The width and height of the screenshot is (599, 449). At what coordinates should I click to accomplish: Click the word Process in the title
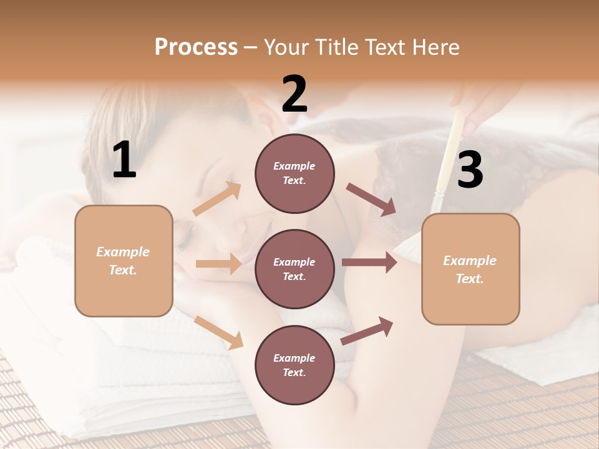pyautogui.click(x=196, y=47)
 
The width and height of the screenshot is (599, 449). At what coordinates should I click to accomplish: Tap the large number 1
pyautogui.click(x=124, y=160)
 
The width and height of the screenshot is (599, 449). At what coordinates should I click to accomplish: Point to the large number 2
pyautogui.click(x=295, y=94)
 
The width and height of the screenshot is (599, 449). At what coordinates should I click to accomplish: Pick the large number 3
pyautogui.click(x=470, y=170)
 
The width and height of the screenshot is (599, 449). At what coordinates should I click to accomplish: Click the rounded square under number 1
pyautogui.click(x=124, y=261)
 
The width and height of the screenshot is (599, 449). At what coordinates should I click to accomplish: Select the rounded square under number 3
pyautogui.click(x=470, y=269)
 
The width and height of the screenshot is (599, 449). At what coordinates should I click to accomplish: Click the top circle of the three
pyautogui.click(x=295, y=173)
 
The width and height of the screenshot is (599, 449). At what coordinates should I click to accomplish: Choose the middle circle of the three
pyautogui.click(x=295, y=269)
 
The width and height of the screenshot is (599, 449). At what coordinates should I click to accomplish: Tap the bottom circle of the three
pyautogui.click(x=295, y=365)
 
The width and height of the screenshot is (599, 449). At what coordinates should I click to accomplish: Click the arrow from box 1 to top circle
pyautogui.click(x=217, y=199)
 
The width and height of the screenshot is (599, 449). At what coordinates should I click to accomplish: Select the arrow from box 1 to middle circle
pyautogui.click(x=218, y=264)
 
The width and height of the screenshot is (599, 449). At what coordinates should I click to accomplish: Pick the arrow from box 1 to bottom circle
pyautogui.click(x=219, y=332)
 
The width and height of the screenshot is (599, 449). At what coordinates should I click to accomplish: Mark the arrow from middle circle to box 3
pyautogui.click(x=369, y=263)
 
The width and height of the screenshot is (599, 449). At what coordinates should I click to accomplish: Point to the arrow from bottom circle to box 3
pyautogui.click(x=367, y=331)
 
